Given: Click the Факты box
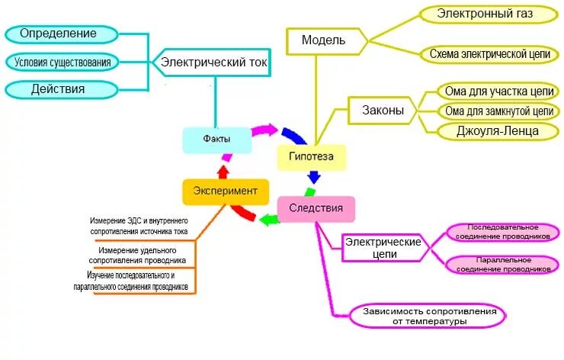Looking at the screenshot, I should tap(216, 140).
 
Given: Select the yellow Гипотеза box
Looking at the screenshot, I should tap(310, 158).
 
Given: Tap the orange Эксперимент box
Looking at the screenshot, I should tap(226, 191).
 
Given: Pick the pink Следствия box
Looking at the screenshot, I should tap(316, 208).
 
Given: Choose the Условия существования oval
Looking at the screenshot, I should tap(63, 62).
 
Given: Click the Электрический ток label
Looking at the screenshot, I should tap(213, 63).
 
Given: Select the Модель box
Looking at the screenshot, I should tap(323, 40).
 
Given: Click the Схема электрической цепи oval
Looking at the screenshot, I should tap(490, 54).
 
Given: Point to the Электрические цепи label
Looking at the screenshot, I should tap(383, 247).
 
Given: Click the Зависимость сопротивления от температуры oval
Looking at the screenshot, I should tap(428, 317).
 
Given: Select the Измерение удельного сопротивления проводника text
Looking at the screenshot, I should tap(137, 255).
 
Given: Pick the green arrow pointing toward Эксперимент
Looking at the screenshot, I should tap(268, 220).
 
